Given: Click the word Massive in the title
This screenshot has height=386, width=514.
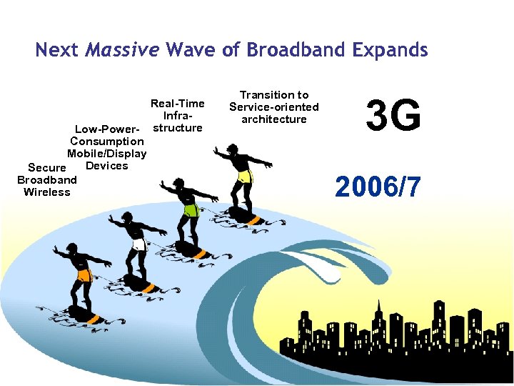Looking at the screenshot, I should (x=122, y=50).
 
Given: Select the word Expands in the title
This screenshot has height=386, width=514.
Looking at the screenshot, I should (x=390, y=50).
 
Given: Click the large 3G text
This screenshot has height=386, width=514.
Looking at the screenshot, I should (x=393, y=116).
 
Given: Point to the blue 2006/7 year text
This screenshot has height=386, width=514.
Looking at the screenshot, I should (x=378, y=187).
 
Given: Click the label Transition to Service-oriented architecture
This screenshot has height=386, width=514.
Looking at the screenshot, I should (x=274, y=107).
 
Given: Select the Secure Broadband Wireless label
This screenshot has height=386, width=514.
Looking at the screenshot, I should (x=47, y=179).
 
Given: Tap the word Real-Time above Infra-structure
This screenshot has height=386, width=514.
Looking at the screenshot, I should (x=177, y=104).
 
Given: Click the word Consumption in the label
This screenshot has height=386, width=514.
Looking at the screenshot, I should (x=107, y=142).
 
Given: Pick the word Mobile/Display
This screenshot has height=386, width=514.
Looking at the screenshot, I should (x=107, y=154).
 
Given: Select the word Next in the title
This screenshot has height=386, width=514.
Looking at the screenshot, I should (x=56, y=50).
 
